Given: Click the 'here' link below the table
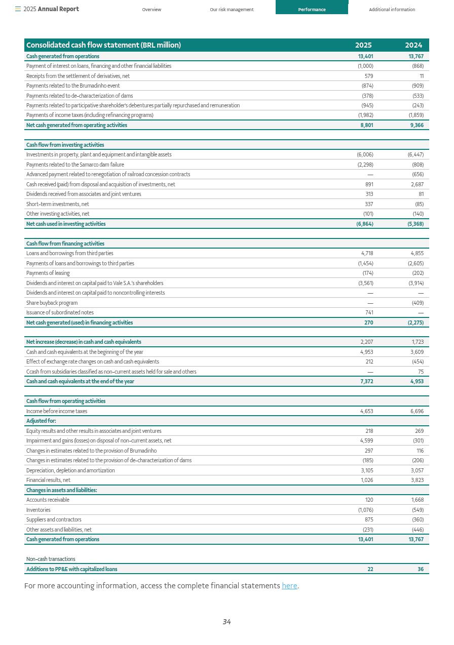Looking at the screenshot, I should click(x=289, y=586).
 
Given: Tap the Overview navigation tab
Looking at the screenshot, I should click(x=152, y=10).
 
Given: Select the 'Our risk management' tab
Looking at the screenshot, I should click(x=232, y=10).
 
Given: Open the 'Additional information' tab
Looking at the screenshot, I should click(x=392, y=10).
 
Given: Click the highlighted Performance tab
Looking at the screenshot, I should click(x=312, y=10).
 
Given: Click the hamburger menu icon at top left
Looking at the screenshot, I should click(x=18, y=9).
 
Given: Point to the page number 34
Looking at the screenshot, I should click(x=226, y=622).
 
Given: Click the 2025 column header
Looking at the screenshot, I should click(x=363, y=45).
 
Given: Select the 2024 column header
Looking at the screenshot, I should click(x=413, y=45).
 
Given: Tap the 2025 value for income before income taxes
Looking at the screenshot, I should click(x=366, y=412).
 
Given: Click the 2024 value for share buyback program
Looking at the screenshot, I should click(x=418, y=303).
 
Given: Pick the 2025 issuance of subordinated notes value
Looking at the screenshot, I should click(x=369, y=313).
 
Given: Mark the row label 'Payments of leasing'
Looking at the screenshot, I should click(x=48, y=273).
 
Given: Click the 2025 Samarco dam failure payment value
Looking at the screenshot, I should click(x=365, y=165).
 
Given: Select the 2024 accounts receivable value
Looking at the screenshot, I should click(x=418, y=500).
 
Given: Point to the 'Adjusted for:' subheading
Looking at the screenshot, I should click(x=41, y=421).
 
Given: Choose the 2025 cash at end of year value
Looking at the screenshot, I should click(x=366, y=382).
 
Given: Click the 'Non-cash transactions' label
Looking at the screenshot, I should click(x=51, y=559).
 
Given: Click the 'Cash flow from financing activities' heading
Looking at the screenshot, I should click(x=65, y=244).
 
